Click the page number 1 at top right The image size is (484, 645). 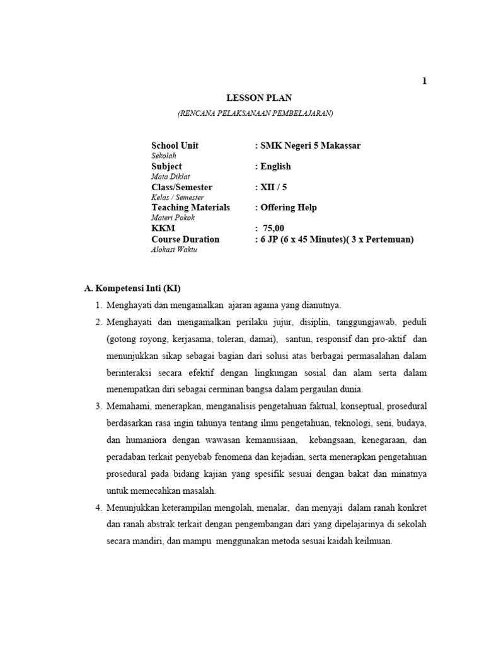click(x=425, y=81)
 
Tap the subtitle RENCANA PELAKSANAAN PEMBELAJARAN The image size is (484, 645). click(x=255, y=113)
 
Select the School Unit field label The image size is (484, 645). click(x=175, y=146)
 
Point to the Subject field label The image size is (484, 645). click(x=166, y=166)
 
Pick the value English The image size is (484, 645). click(x=275, y=166)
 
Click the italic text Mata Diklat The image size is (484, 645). click(x=170, y=177)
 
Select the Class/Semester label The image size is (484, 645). click(x=181, y=187)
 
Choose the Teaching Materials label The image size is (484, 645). click(x=190, y=207)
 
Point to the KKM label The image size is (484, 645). click(x=163, y=228)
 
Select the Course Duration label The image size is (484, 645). click(x=185, y=239)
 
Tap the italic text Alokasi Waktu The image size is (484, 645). click(x=173, y=250)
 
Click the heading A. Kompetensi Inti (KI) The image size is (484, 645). click(x=133, y=289)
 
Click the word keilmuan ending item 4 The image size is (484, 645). click(x=372, y=540)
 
